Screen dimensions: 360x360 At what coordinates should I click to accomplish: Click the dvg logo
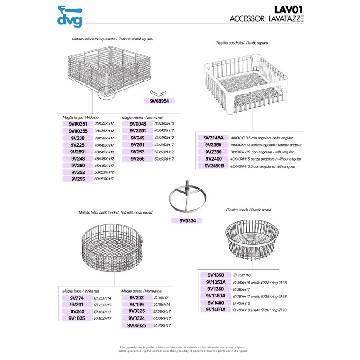tap(70, 16)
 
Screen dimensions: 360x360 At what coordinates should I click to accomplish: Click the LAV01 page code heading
tap(288, 9)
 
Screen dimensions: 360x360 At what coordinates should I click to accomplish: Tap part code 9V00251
tap(78, 123)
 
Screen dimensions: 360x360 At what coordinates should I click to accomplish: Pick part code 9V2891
tap(78, 152)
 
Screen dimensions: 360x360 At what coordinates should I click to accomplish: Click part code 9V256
tap(138, 159)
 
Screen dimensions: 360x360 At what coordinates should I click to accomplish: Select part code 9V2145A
tap(214, 138)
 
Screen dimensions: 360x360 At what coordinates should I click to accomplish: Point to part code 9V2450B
tap(214, 166)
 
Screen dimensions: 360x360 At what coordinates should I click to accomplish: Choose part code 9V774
tap(77, 297)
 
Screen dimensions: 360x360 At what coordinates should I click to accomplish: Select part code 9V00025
tap(138, 325)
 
